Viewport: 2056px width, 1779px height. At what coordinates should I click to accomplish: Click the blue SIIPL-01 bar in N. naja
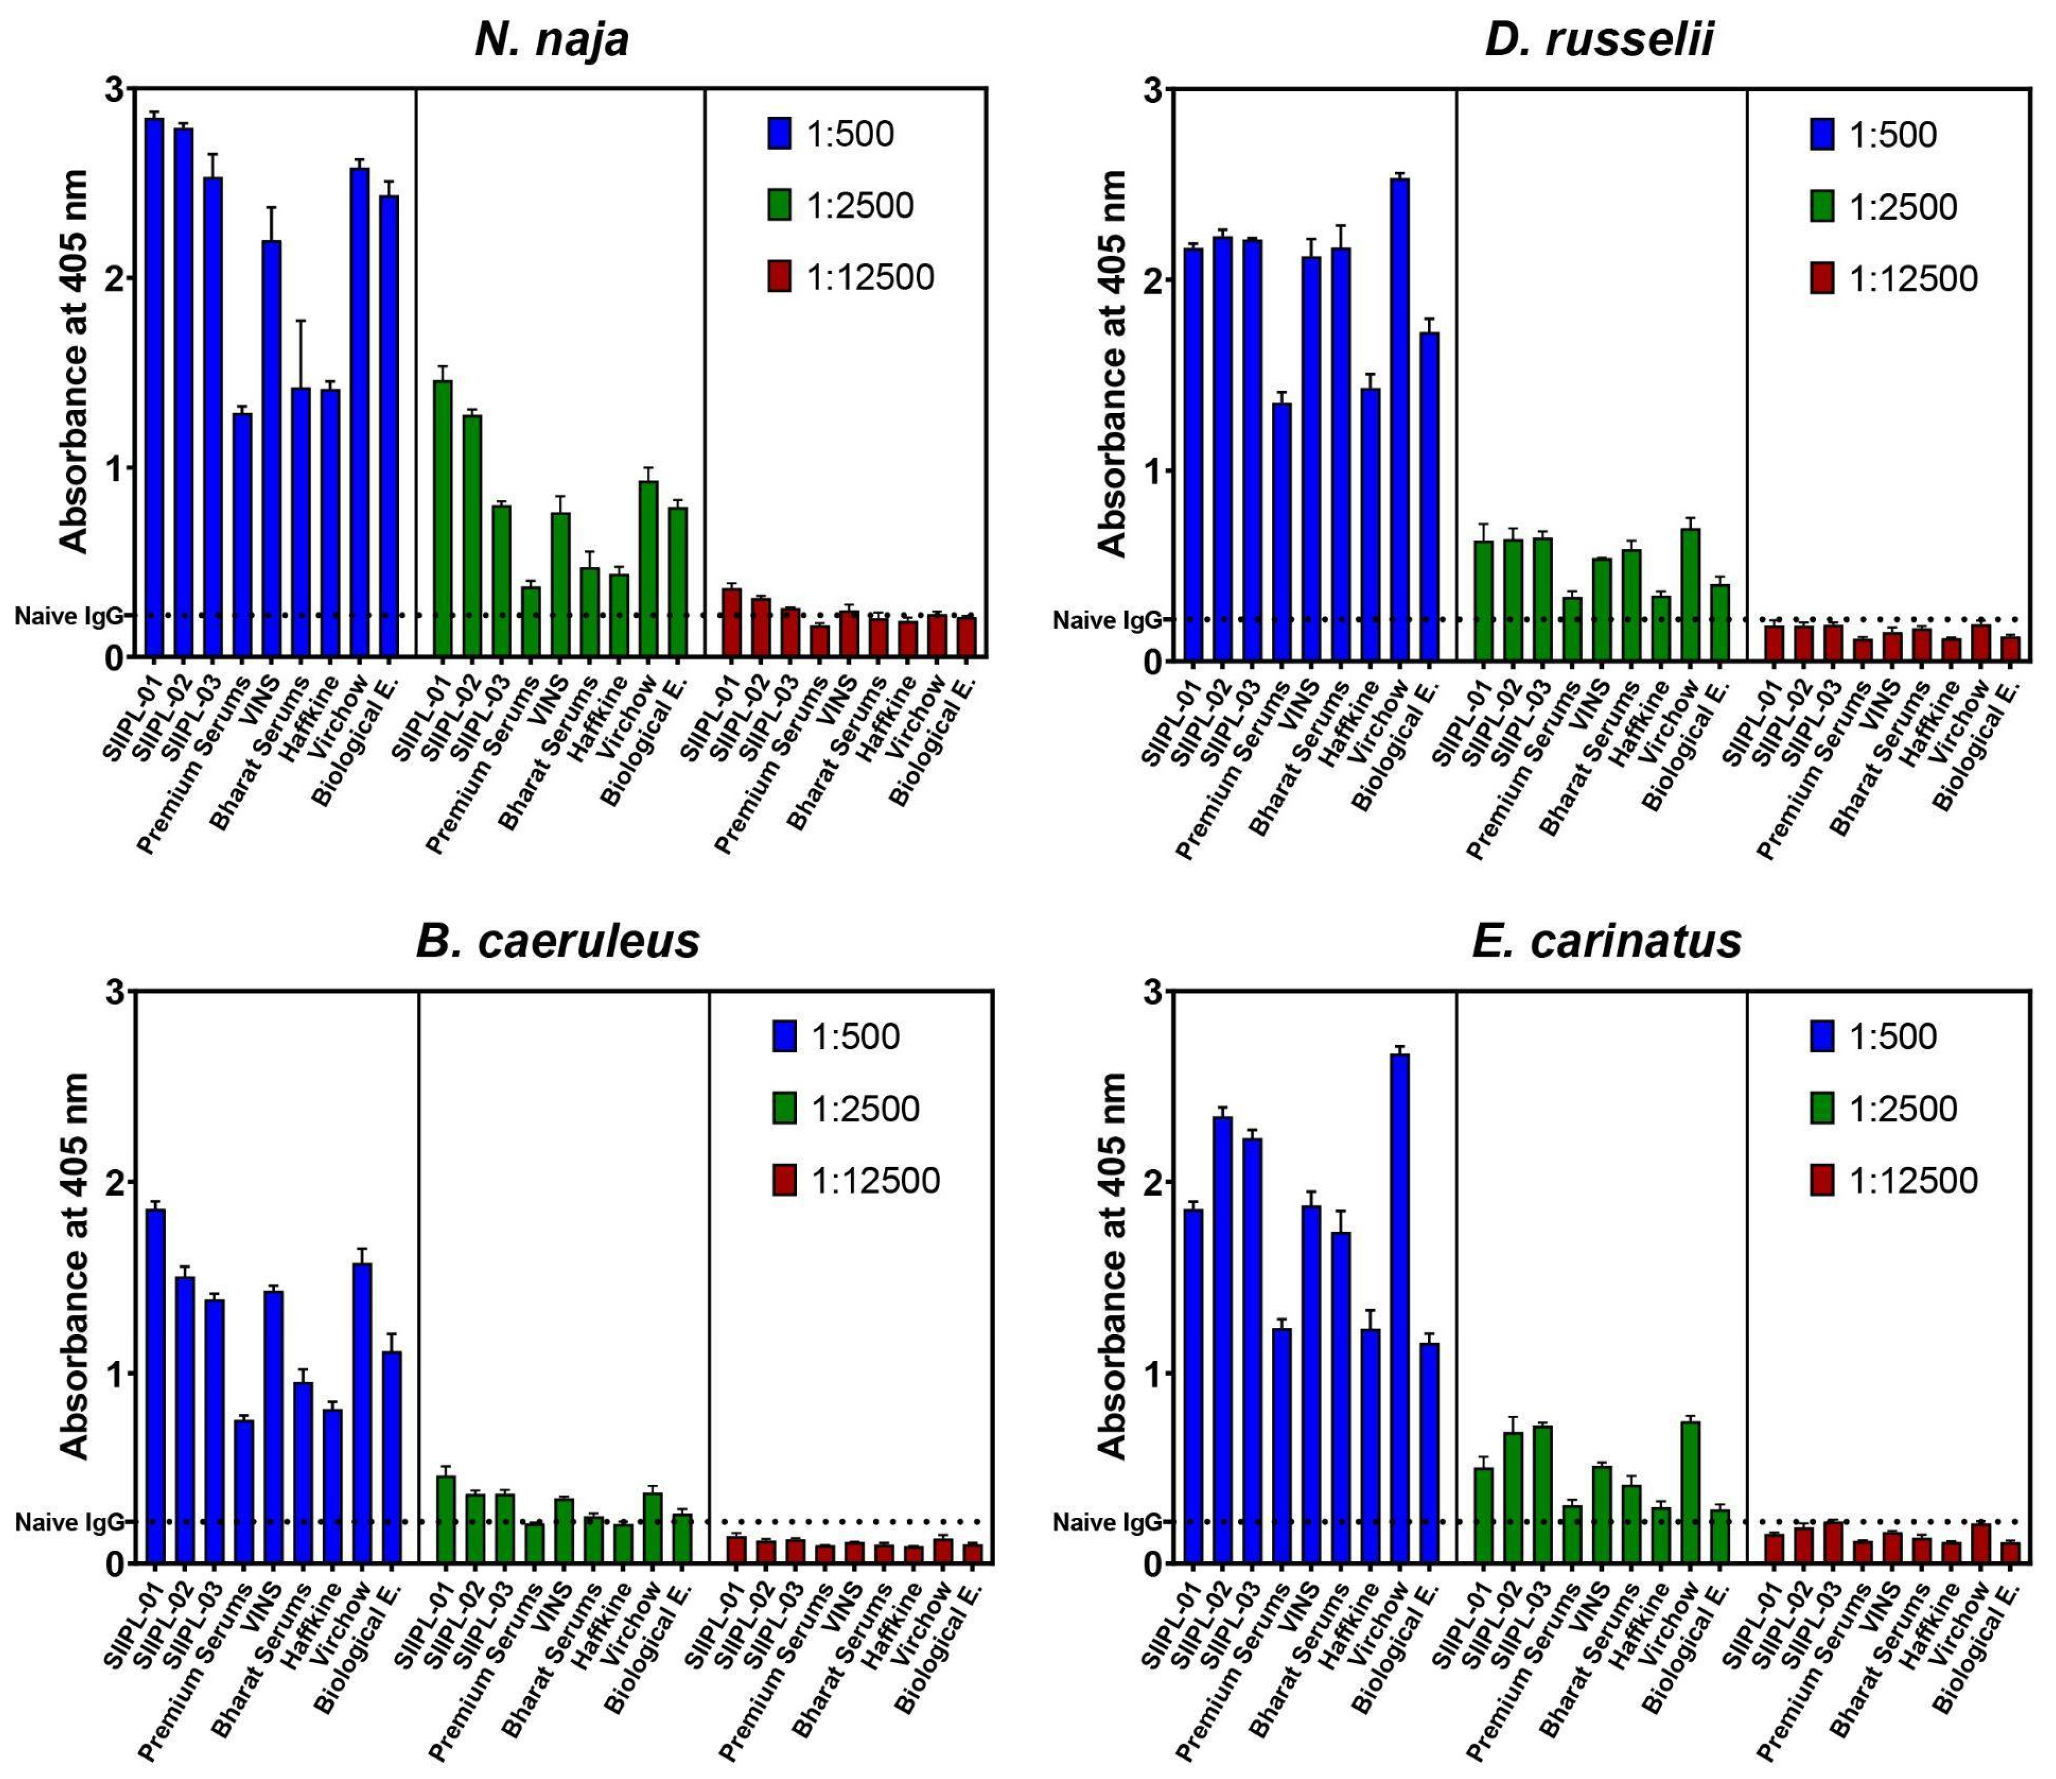click(154, 387)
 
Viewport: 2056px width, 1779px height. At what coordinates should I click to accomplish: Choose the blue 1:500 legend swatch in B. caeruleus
click(784, 1036)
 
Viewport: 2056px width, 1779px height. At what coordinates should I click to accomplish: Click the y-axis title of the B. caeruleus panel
click(75, 1266)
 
